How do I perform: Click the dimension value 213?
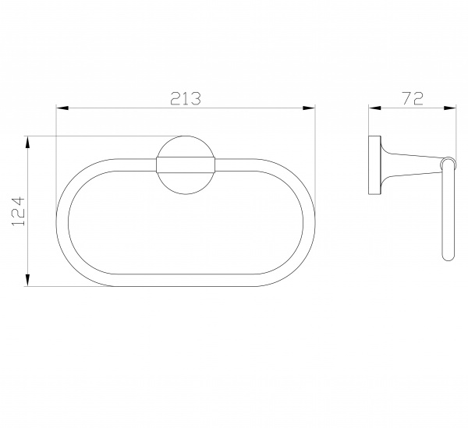point(186,98)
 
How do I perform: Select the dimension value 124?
point(19,210)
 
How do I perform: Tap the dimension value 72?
point(413,98)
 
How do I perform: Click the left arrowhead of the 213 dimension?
point(62,108)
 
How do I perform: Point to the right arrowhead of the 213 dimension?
point(309,108)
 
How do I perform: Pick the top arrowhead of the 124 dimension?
point(27,143)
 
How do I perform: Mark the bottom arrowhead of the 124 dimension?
point(27,280)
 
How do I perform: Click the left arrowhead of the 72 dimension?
point(375,108)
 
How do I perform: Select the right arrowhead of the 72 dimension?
point(450,108)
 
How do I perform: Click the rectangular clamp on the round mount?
point(186,165)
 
